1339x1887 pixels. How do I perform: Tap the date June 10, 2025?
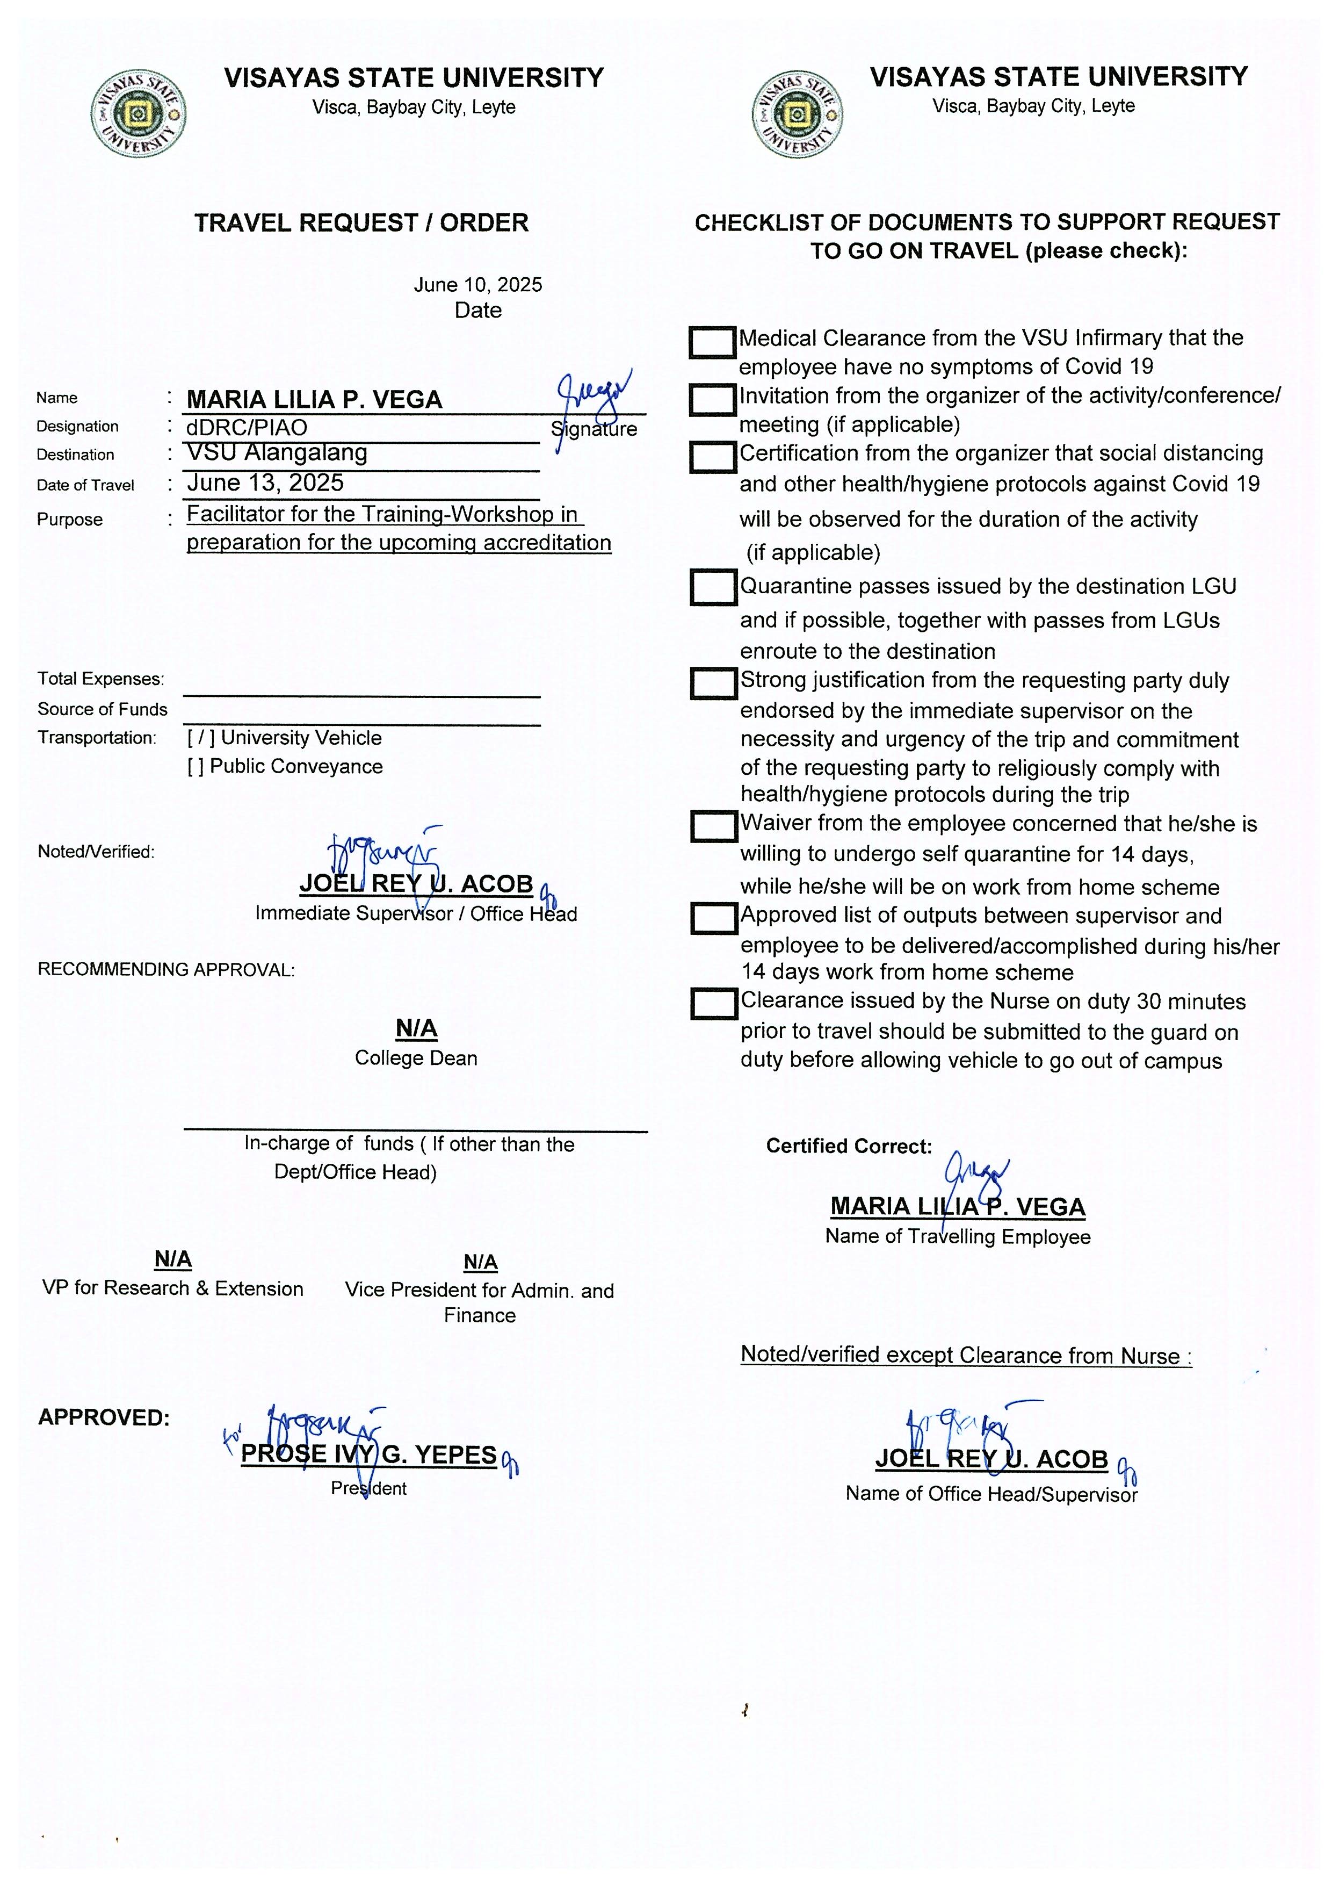[x=477, y=285]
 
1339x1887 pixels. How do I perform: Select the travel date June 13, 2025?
[x=265, y=483]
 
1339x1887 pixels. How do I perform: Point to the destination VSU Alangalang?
[x=277, y=453]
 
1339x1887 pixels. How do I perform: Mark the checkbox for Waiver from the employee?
[x=713, y=826]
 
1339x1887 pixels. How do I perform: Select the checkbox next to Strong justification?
[x=713, y=683]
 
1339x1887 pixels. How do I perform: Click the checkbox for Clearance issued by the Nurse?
[x=713, y=1004]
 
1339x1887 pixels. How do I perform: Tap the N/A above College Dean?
[x=416, y=1028]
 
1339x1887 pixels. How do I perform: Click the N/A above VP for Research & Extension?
[x=173, y=1259]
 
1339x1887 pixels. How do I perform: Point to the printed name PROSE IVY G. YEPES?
[x=368, y=1454]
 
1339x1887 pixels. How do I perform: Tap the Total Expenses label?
[x=100, y=679]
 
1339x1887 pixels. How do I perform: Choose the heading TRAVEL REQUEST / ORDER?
[x=361, y=222]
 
